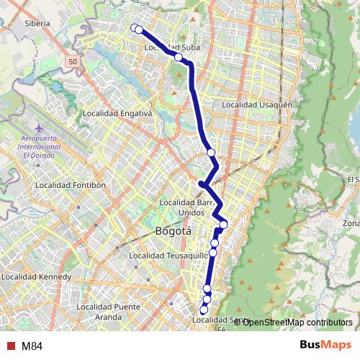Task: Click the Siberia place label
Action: (37, 23)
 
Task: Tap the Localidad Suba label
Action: (171, 48)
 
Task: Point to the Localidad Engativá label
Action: (118, 113)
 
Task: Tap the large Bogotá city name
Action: (174, 232)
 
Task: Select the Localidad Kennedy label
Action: (37, 276)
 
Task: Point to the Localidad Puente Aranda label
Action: (108, 312)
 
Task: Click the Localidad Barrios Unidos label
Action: (185, 207)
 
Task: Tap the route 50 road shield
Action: (73, 63)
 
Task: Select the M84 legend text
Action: (32, 346)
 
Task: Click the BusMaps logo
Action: (325, 346)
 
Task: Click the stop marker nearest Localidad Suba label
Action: (179, 57)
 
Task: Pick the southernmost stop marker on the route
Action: (204, 310)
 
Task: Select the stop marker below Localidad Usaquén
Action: (211, 153)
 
